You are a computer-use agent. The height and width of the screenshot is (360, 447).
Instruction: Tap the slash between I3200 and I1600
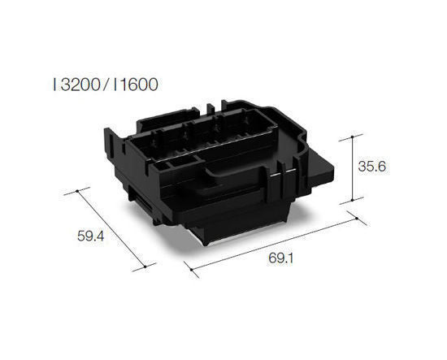[105, 83]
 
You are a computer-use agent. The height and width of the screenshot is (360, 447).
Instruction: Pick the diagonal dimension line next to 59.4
[111, 228]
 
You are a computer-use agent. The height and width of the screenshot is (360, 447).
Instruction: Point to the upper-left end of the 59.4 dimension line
[78, 192]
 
